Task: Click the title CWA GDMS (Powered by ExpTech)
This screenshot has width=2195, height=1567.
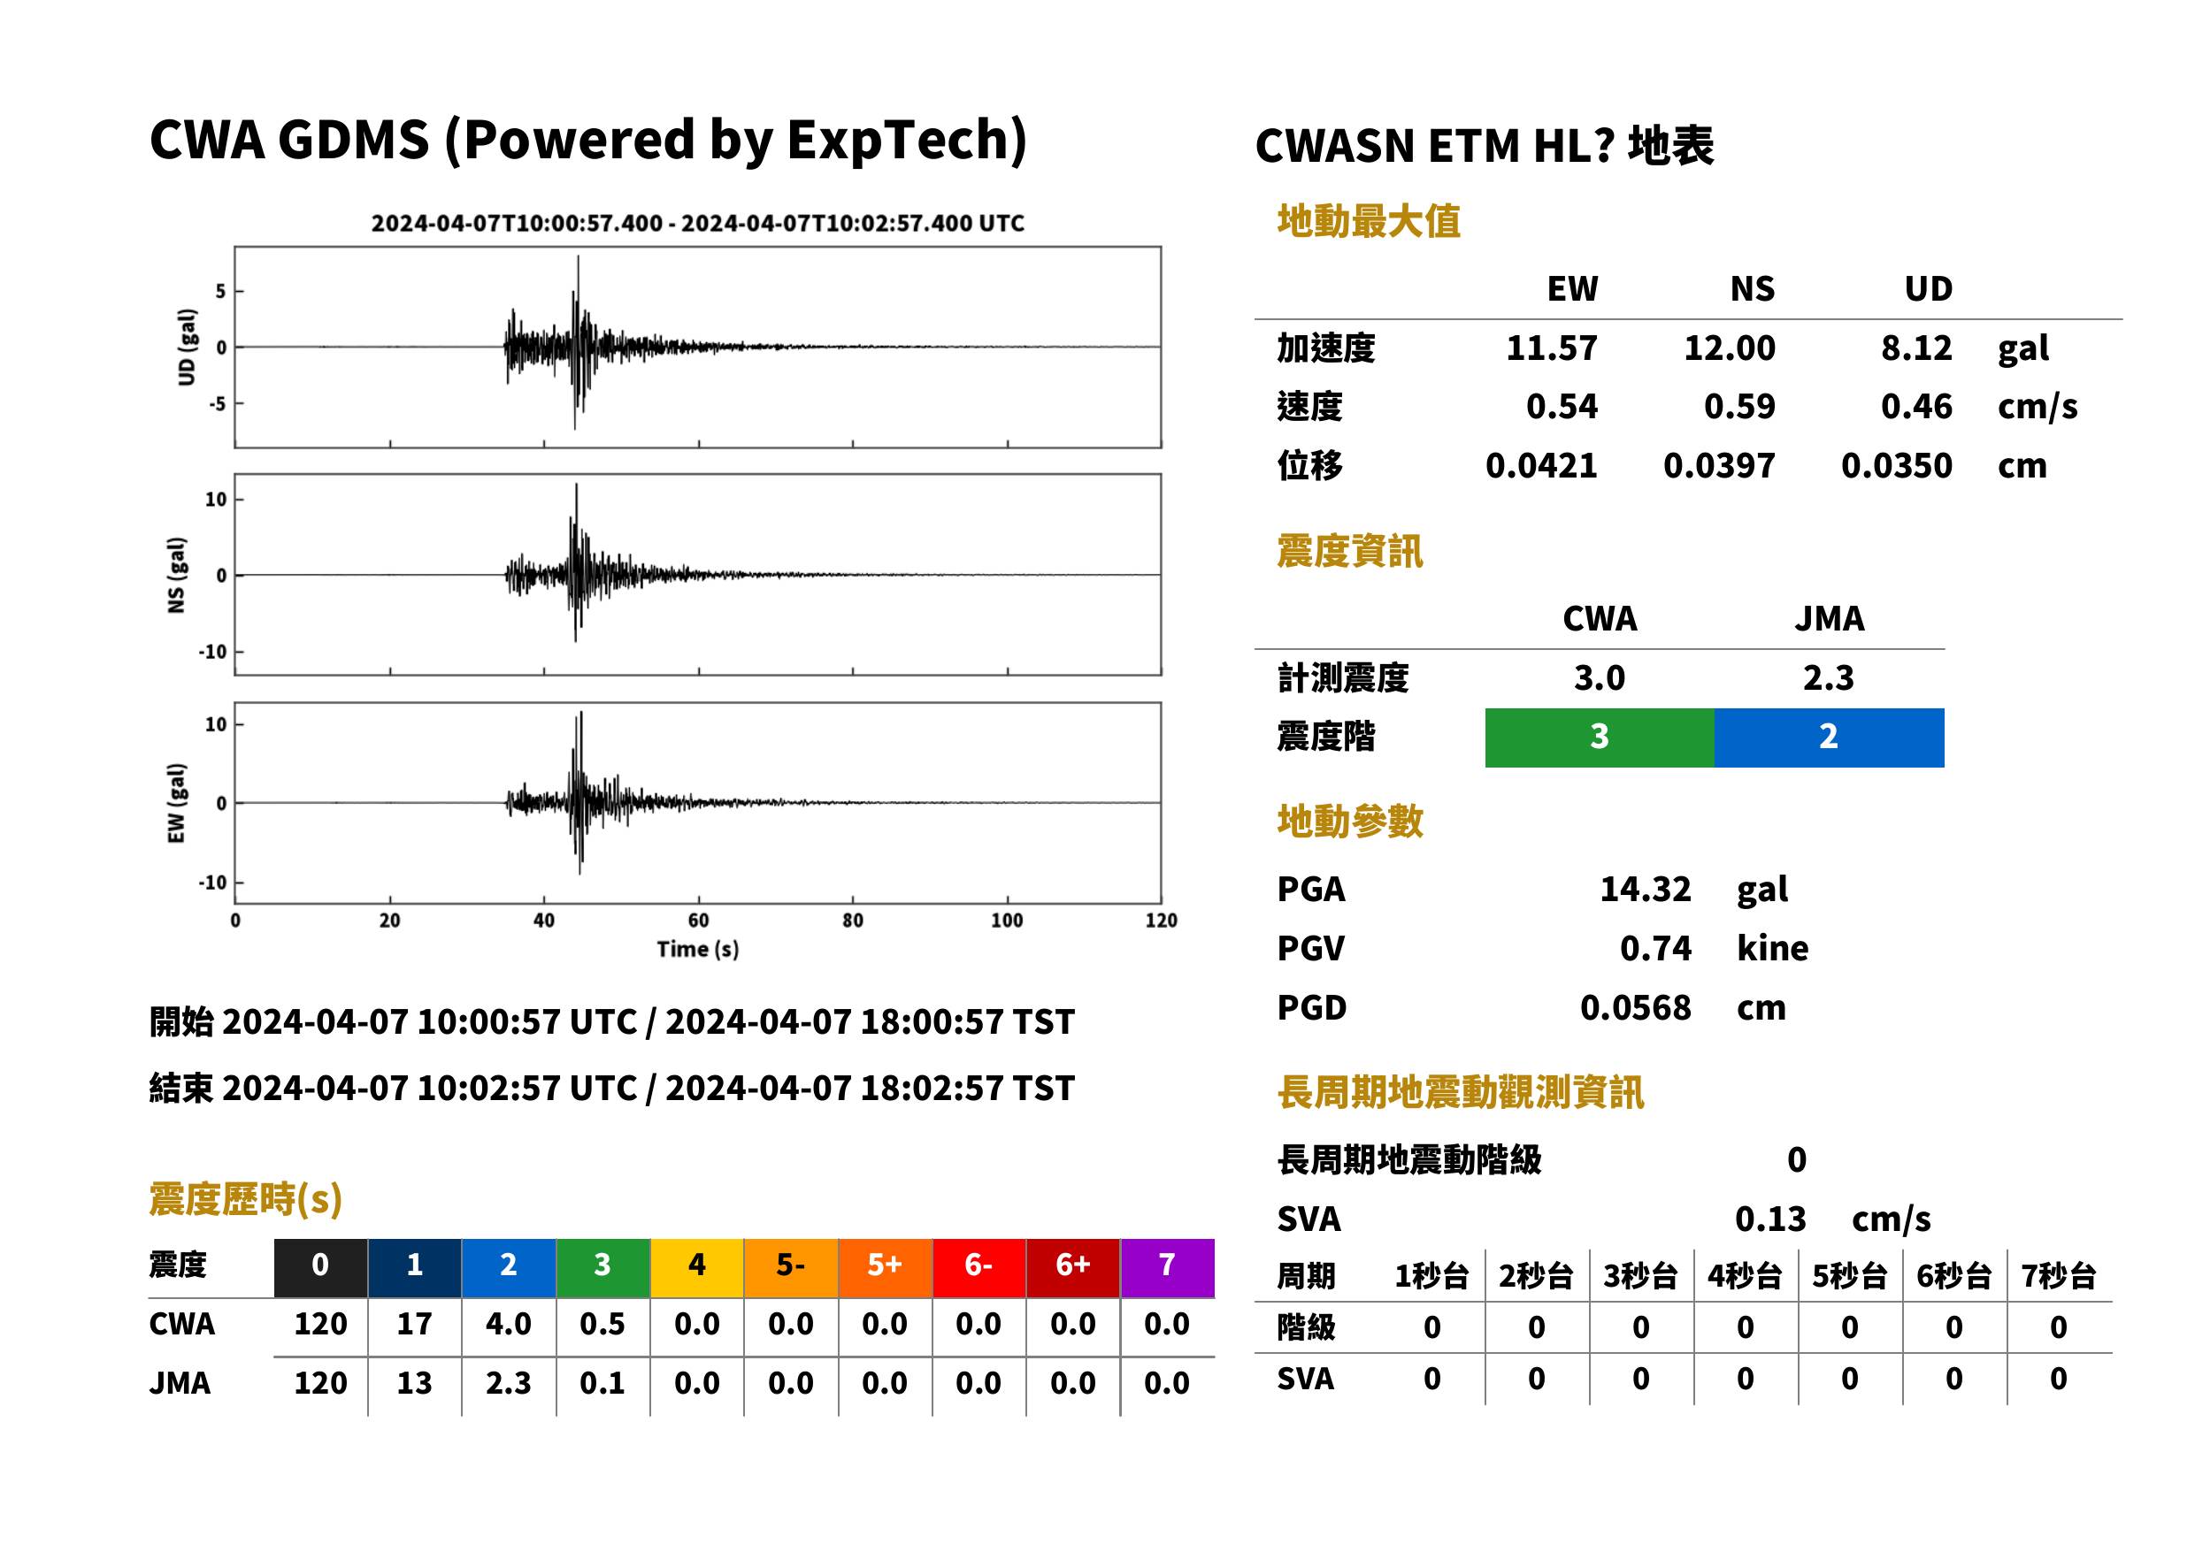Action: (x=587, y=141)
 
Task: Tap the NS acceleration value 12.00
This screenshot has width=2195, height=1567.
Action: (x=1729, y=348)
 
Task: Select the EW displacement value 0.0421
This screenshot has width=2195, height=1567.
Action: (x=1540, y=466)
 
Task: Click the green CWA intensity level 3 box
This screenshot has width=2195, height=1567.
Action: (x=1600, y=738)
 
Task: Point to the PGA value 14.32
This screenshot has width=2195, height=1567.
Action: (x=1645, y=889)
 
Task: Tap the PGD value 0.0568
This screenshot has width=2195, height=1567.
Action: (x=1635, y=1008)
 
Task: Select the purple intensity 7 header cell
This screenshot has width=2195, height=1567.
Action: (x=1167, y=1267)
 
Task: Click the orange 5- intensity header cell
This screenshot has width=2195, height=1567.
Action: (x=791, y=1267)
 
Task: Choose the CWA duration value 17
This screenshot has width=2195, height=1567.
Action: (x=414, y=1324)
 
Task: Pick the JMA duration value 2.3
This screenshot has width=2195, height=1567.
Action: (x=508, y=1384)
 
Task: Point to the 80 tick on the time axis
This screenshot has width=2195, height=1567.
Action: (x=852, y=921)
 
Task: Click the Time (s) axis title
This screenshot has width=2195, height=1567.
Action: (x=698, y=950)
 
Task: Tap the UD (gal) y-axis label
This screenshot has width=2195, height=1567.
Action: (x=187, y=348)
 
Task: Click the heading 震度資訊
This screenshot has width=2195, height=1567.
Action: (x=1349, y=552)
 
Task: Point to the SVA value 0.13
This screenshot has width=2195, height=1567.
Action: (x=1769, y=1219)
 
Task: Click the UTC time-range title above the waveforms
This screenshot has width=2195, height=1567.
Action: (x=698, y=224)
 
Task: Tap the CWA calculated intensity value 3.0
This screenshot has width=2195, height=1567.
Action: (x=1600, y=678)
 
